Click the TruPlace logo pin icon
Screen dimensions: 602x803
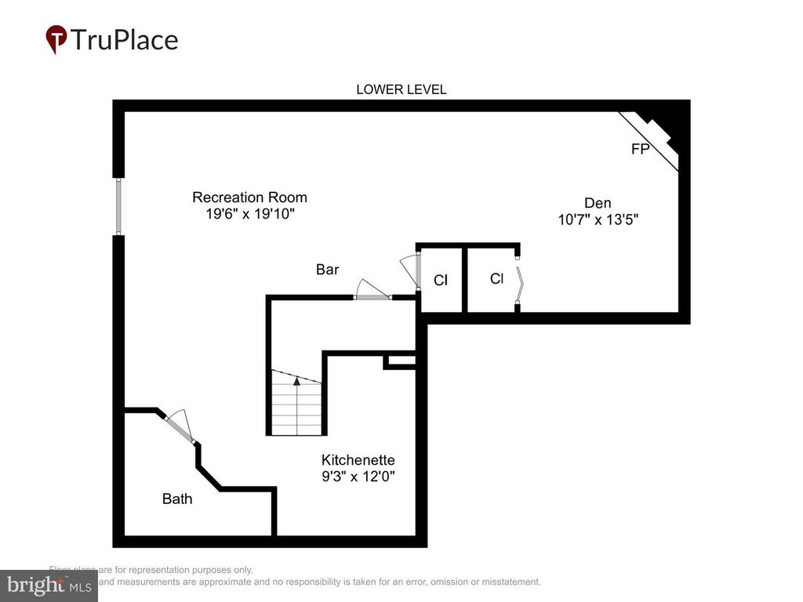pyautogui.click(x=56, y=39)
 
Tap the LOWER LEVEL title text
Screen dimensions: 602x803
pyautogui.click(x=401, y=89)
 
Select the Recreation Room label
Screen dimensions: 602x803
pyautogui.click(x=249, y=198)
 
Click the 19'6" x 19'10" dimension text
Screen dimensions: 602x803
pyautogui.click(x=249, y=214)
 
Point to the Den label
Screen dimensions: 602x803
pyautogui.click(x=597, y=203)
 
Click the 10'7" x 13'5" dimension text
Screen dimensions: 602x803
pyautogui.click(x=598, y=220)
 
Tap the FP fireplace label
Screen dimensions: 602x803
pyautogui.click(x=640, y=149)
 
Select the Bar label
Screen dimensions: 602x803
pyautogui.click(x=327, y=270)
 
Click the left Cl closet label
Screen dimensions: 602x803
pyautogui.click(x=440, y=280)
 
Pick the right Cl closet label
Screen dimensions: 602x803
pyautogui.click(x=496, y=278)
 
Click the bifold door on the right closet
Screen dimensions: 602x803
pyautogui.click(x=519, y=279)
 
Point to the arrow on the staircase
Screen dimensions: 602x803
pyautogui.click(x=296, y=382)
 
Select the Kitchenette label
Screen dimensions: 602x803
pyautogui.click(x=358, y=460)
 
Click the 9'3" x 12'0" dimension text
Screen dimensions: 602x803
pyautogui.click(x=358, y=476)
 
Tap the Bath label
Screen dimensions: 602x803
pyautogui.click(x=176, y=498)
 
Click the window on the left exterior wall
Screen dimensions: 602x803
pyautogui.click(x=118, y=206)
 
